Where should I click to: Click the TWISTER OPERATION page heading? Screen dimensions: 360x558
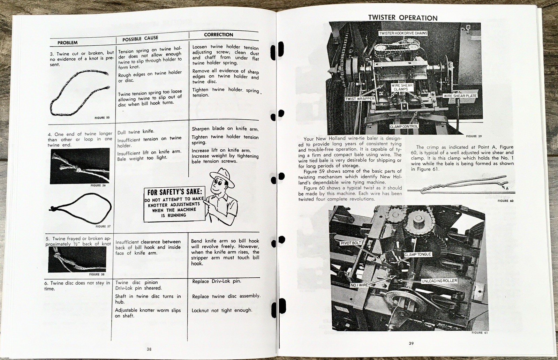(403, 18)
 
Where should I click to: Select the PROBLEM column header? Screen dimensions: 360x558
(68, 43)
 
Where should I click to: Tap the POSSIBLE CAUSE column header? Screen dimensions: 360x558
(140, 38)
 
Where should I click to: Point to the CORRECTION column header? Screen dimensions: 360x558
(218, 35)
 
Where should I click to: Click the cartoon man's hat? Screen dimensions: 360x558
(221, 173)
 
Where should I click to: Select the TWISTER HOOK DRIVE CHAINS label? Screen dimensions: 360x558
(403, 33)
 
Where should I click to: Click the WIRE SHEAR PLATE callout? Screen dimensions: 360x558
(460, 96)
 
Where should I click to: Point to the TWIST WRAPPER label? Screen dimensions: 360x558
(360, 99)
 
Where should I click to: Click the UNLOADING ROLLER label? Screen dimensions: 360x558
(439, 281)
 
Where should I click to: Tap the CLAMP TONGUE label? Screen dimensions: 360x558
(418, 254)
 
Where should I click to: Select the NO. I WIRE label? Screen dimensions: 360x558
(359, 285)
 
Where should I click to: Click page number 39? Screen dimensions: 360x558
(412, 344)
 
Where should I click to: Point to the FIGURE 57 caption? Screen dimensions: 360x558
(101, 226)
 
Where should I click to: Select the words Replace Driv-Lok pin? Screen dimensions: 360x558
(217, 281)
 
